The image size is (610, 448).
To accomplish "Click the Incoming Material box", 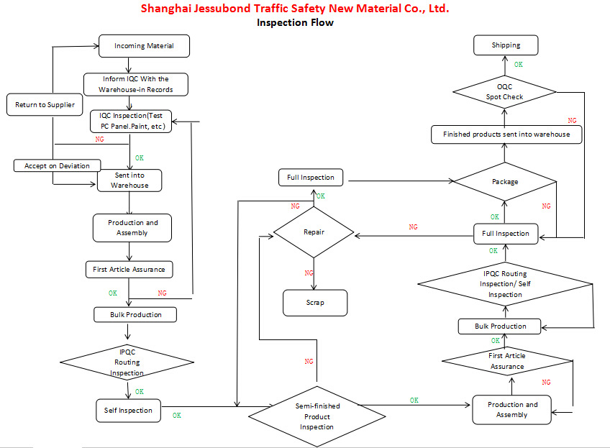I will point(145,46).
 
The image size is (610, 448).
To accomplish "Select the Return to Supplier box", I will point(45,105).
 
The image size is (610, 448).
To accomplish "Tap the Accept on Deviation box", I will point(57,166).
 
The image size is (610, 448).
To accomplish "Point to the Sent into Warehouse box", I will point(129,180).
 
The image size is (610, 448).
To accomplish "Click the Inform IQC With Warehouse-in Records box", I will point(137,84).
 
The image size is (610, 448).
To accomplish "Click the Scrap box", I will point(314,303).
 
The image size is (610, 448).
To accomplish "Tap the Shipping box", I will point(506,45).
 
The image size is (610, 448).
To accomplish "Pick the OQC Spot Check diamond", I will point(504,92).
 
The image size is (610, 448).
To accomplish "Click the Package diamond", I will point(504,182).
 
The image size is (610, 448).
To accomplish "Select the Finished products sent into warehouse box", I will point(506,134).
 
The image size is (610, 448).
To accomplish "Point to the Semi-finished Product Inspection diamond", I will point(317,416).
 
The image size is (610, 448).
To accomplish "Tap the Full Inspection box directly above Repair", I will point(310,178).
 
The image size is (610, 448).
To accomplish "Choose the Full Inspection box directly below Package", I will point(506,234).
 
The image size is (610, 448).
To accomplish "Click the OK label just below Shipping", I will point(518,65).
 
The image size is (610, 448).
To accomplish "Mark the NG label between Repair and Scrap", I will point(309,273).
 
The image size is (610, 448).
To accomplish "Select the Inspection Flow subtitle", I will point(295,22).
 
